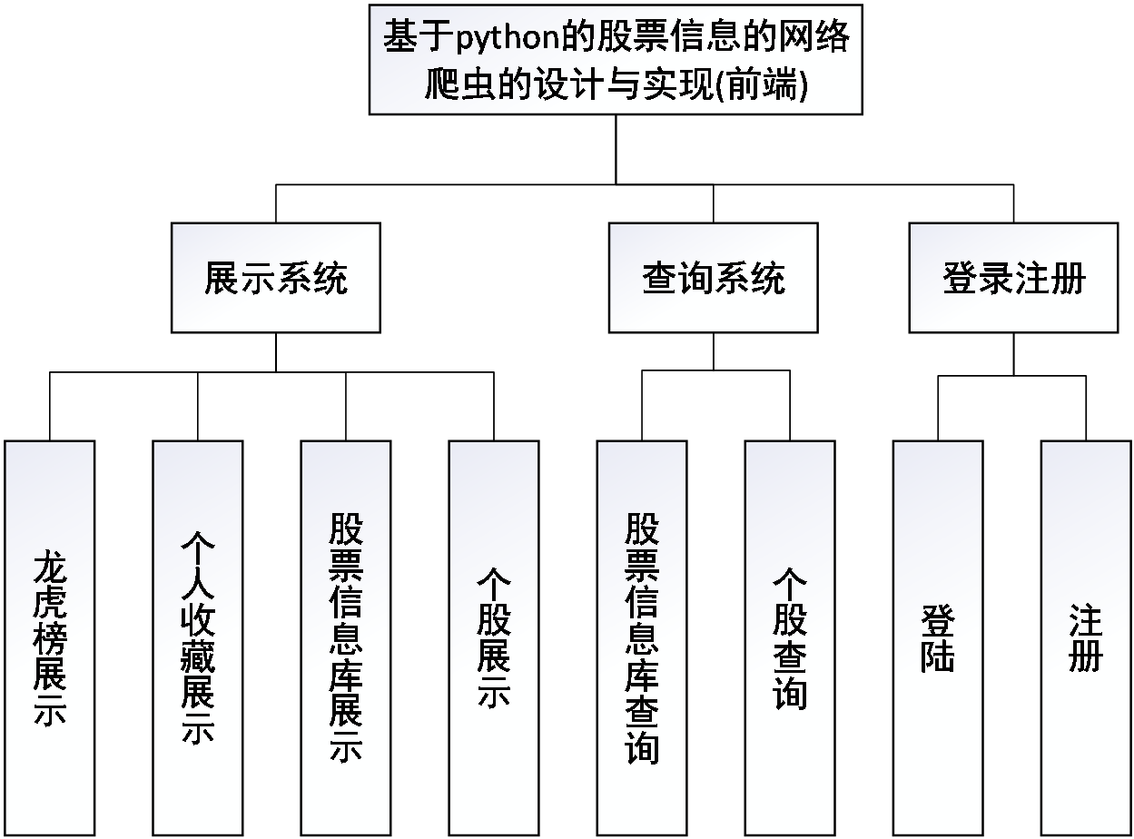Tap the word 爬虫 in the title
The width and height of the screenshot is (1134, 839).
click(461, 87)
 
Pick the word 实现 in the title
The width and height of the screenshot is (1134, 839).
click(692, 87)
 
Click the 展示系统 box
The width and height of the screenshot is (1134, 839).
click(276, 278)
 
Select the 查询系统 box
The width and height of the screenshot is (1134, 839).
click(713, 278)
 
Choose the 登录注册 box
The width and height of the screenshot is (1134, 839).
click(1013, 278)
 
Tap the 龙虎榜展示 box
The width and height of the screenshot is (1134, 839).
click(50, 637)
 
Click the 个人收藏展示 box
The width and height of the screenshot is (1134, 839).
click(198, 637)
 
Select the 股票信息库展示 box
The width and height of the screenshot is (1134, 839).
click(346, 637)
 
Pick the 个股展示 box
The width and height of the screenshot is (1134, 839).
click(494, 637)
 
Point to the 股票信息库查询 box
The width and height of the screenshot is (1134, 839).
click(642, 637)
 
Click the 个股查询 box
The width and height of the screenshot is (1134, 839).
click(790, 637)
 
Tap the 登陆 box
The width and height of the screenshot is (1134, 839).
click(938, 637)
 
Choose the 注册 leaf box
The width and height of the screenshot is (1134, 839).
click(1086, 637)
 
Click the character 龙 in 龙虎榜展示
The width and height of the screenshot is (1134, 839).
click(50, 568)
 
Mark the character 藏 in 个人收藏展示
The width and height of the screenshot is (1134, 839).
click(198, 656)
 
